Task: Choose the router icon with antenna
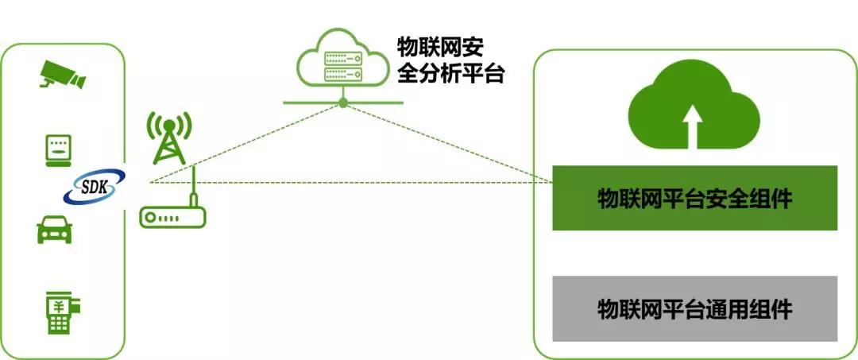tap(172, 214)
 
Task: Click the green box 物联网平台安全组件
tap(694, 199)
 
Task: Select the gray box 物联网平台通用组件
tap(694, 308)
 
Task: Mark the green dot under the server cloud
tap(342, 103)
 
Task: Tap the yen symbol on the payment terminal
tap(57, 304)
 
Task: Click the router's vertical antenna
tap(192, 187)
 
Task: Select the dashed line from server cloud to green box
tap(445, 141)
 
